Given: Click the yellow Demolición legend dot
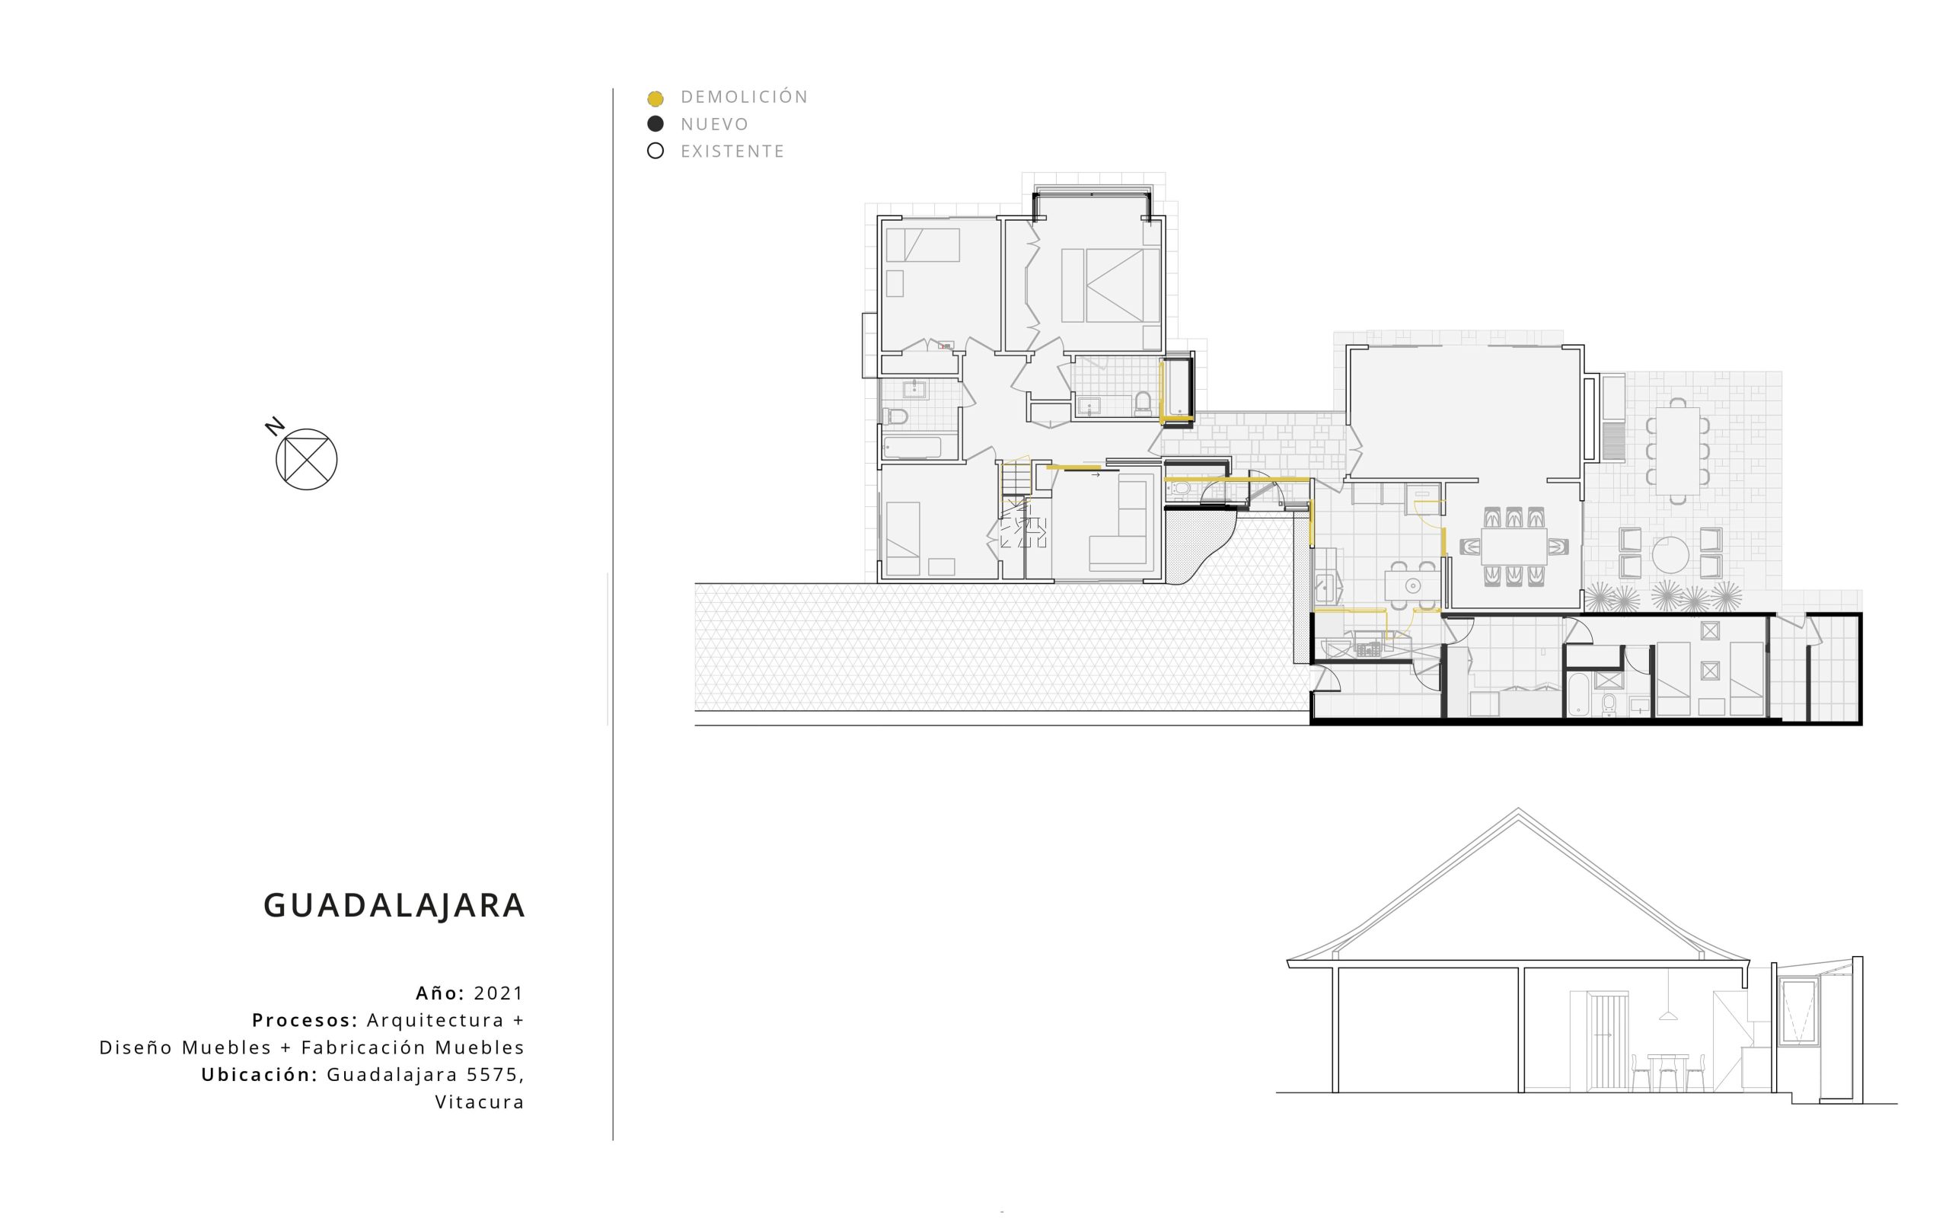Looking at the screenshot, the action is (x=656, y=99).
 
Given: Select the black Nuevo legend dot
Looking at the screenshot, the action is (x=656, y=124).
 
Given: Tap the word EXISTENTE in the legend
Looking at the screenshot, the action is (x=732, y=151).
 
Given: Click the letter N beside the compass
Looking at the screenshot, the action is (x=276, y=426).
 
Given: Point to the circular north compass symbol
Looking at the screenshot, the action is (x=306, y=459).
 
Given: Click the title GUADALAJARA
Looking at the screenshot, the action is (x=394, y=905).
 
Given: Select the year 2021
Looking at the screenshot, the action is (x=499, y=993).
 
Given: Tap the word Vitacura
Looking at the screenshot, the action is (x=480, y=1102).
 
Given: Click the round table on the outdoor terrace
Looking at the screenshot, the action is (x=1670, y=554).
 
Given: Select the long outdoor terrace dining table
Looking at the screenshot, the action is (x=1678, y=451).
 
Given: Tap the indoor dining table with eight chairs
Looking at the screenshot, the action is (x=1514, y=546).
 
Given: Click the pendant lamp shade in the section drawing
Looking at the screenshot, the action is (x=1668, y=1016).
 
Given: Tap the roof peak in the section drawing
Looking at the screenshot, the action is (x=1518, y=808).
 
